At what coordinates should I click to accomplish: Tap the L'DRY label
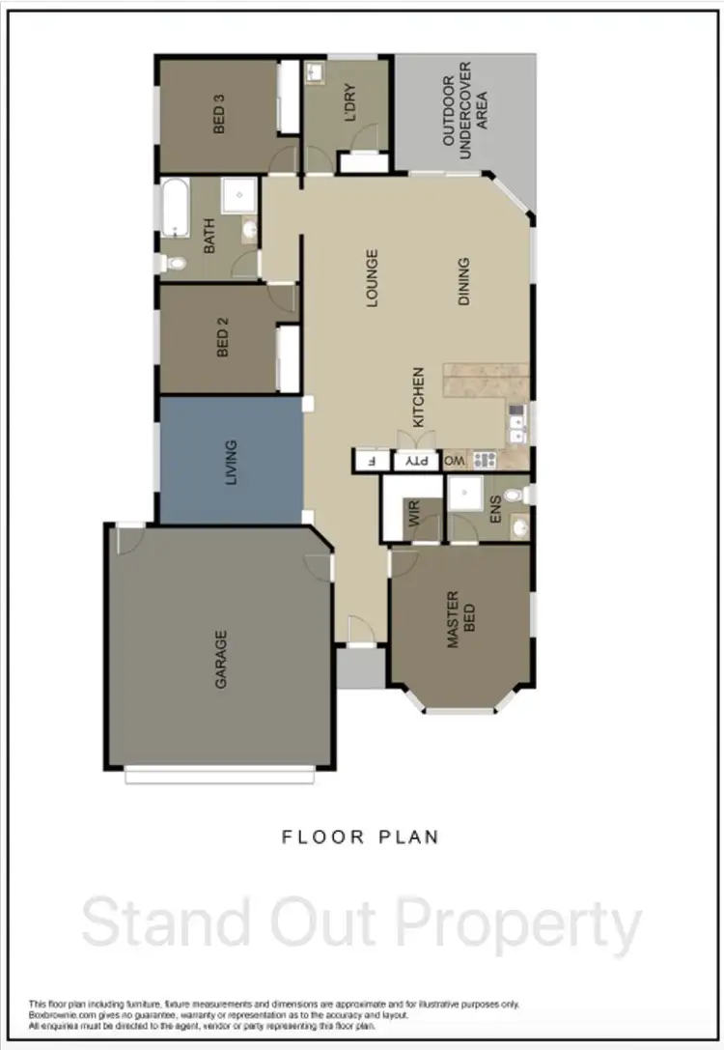coord(349,103)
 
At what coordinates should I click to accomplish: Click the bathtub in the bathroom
coord(175,207)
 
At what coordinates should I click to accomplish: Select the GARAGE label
coord(221,659)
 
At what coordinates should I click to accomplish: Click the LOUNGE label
coord(373,278)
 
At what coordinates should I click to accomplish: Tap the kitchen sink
coord(516,423)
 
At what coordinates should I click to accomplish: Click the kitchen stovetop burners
coord(484,460)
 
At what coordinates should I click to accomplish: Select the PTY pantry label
coord(417,461)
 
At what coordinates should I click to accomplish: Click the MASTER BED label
coord(460,618)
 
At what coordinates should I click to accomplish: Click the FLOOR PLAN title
coord(360,837)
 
